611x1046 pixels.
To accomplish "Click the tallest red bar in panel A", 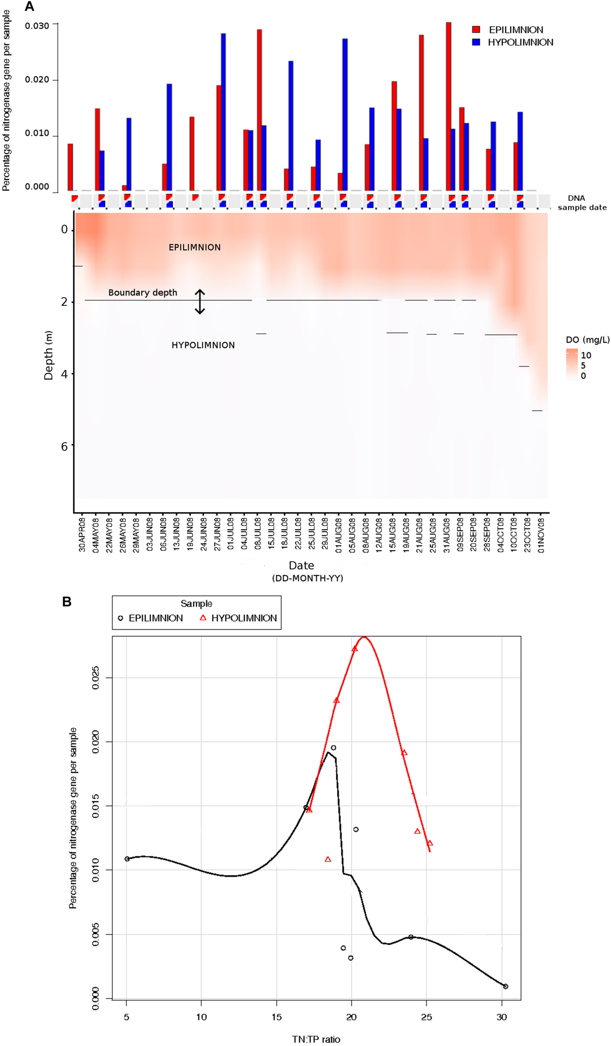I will (448, 107).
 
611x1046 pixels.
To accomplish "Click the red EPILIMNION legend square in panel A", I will (476, 29).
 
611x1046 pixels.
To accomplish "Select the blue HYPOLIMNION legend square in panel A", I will (476, 42).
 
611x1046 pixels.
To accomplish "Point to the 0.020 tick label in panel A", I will (37, 79).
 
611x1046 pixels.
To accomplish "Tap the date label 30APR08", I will (82, 535).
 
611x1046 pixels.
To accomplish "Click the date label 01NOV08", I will (541, 535).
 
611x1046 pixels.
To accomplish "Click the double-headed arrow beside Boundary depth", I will (200, 301).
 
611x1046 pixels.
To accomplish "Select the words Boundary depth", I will (143, 292).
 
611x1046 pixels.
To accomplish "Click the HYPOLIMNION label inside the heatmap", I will (203, 345).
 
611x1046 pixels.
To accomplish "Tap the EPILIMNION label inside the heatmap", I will (194, 247).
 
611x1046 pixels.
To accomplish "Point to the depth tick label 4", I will (64, 374).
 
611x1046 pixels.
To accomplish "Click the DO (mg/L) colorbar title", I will (587, 340).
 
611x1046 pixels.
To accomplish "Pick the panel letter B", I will (66, 602).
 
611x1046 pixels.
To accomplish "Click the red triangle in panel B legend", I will (203, 618).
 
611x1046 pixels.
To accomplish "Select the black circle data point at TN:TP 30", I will (505, 986).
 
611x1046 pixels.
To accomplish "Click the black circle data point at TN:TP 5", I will (127, 859).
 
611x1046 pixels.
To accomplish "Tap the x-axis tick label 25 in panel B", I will (426, 1017).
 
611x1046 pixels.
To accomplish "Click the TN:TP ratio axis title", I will (316, 1039).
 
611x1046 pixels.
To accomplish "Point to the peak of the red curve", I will (364, 637).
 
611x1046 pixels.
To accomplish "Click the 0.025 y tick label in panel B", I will (95, 678).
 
